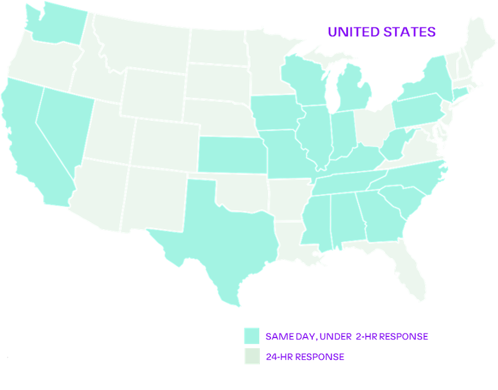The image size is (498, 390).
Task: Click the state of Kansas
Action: tap(229, 154)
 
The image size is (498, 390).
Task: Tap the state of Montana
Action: tap(141, 44)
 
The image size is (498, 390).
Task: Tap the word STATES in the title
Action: tap(409, 32)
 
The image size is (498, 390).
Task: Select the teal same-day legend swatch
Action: tap(252, 336)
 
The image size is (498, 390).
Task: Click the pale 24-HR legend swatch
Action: tap(252, 356)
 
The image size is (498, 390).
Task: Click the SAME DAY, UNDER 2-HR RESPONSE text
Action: tap(347, 336)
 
